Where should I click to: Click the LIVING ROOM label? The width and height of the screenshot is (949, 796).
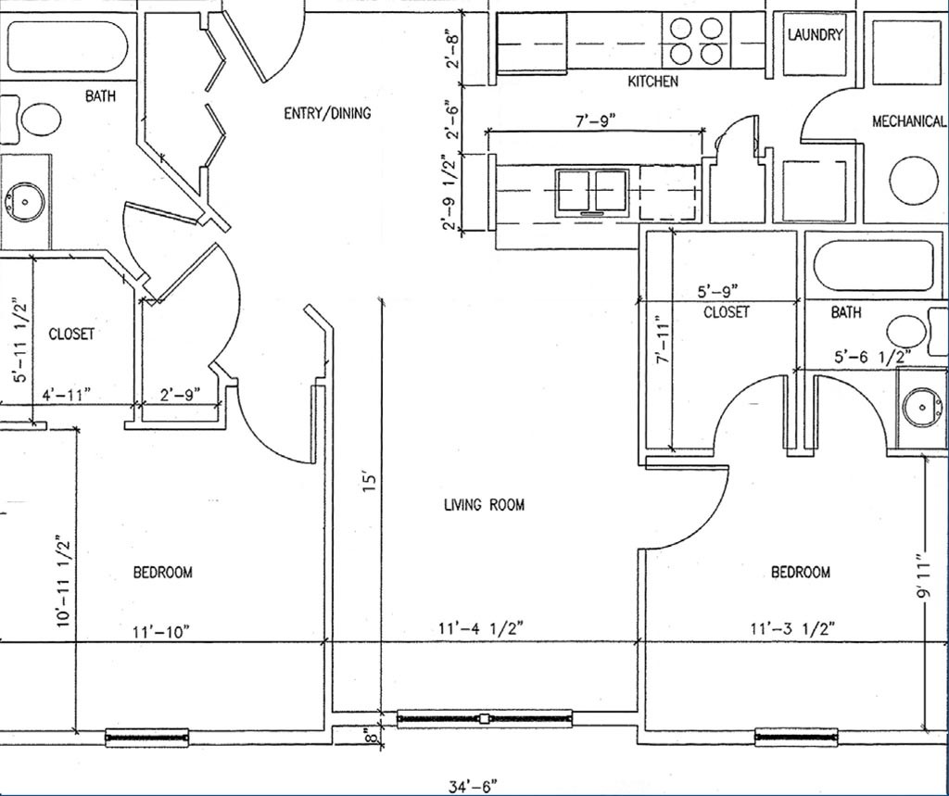484,504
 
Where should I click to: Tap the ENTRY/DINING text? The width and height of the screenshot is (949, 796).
327,113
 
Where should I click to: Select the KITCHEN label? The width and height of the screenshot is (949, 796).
652,82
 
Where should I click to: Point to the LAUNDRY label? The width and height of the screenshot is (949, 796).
815,34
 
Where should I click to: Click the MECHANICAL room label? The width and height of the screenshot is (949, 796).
908,121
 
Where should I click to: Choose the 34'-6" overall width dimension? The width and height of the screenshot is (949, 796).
473,787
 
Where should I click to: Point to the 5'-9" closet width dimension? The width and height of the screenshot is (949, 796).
718,292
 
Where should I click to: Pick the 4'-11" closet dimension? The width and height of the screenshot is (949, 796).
66,396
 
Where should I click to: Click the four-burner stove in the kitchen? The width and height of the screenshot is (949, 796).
696,41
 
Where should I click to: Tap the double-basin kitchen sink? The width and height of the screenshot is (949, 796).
592,193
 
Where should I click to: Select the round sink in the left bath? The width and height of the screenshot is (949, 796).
25,202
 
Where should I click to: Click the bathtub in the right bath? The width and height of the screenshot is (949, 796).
873,265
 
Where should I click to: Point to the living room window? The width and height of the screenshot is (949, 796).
484,718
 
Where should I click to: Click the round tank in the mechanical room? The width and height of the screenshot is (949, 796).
917,180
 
